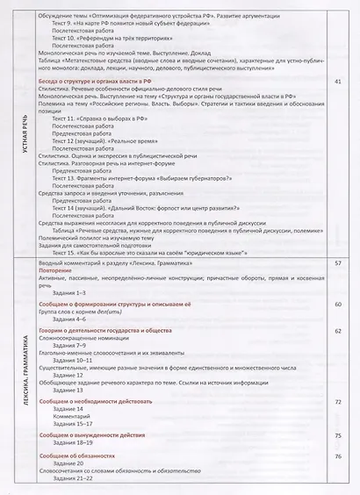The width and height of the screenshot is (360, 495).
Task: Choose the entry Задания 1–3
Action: (70, 291)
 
